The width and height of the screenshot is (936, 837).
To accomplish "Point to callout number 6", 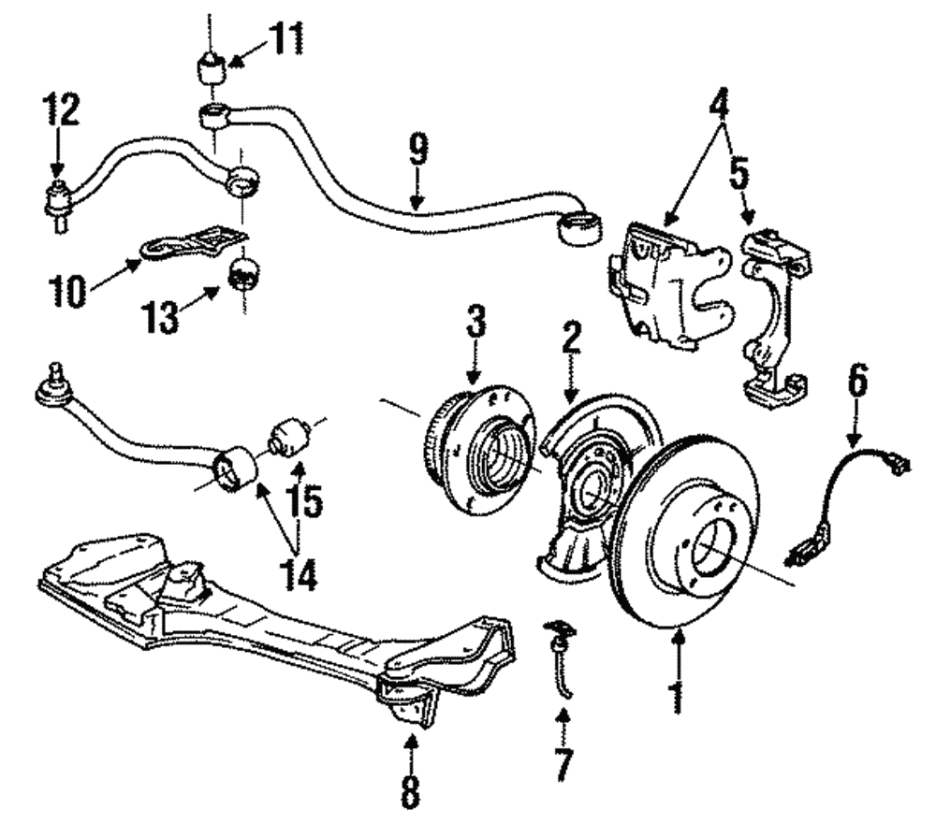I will click(x=858, y=383).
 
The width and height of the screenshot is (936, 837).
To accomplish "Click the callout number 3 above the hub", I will click(x=476, y=325).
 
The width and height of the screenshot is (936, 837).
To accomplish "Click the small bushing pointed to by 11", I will click(x=211, y=69).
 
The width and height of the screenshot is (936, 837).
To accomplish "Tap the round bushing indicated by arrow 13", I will click(x=244, y=274).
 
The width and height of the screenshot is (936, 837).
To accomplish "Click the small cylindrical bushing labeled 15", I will click(x=287, y=436).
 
